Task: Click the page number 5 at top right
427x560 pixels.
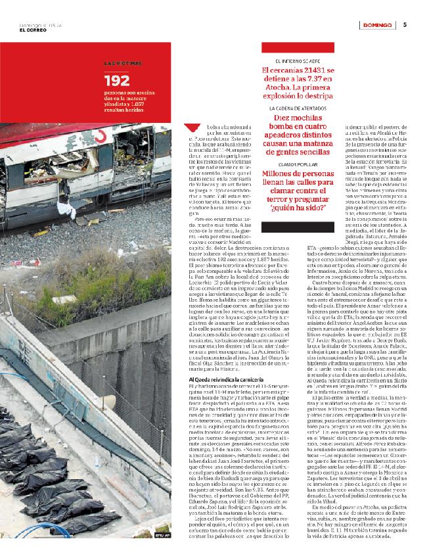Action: tap(405, 25)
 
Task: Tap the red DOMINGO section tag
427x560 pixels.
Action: tap(377, 25)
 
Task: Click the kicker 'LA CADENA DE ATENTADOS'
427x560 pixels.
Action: tap(298, 107)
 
